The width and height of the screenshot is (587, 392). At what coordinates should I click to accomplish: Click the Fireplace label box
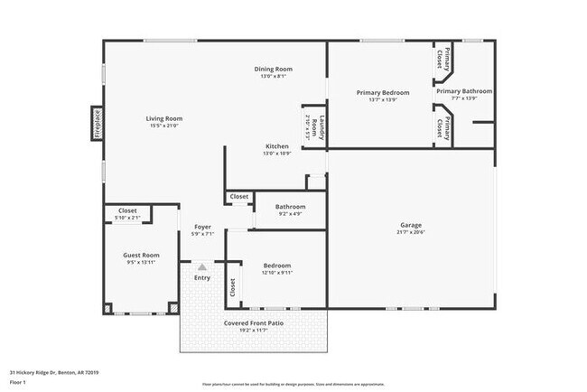pos(96,124)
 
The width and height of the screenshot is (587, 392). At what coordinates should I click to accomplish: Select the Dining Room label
pos(272,69)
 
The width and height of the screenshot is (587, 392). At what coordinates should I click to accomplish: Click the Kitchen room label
pos(276,146)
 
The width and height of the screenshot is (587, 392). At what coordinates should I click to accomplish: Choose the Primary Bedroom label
pos(382,92)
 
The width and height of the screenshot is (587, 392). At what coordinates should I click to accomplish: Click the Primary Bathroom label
pos(464,91)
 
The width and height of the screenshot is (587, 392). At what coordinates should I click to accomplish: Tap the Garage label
pos(411,225)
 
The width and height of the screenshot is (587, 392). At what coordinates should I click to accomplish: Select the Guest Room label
pos(141,255)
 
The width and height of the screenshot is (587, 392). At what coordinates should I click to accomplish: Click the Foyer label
pos(201,227)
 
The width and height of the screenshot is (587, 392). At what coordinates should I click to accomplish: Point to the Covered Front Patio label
pos(253,322)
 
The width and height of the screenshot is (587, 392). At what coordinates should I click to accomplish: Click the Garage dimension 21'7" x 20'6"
pos(411,232)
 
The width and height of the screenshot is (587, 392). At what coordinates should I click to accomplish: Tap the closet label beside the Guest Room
pos(127,210)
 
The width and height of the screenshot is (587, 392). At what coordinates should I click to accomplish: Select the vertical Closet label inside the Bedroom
pos(232,287)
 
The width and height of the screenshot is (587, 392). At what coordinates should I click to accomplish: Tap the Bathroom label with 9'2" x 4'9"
pos(289,207)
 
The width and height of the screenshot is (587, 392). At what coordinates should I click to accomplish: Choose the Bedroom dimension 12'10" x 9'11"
pos(276,272)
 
